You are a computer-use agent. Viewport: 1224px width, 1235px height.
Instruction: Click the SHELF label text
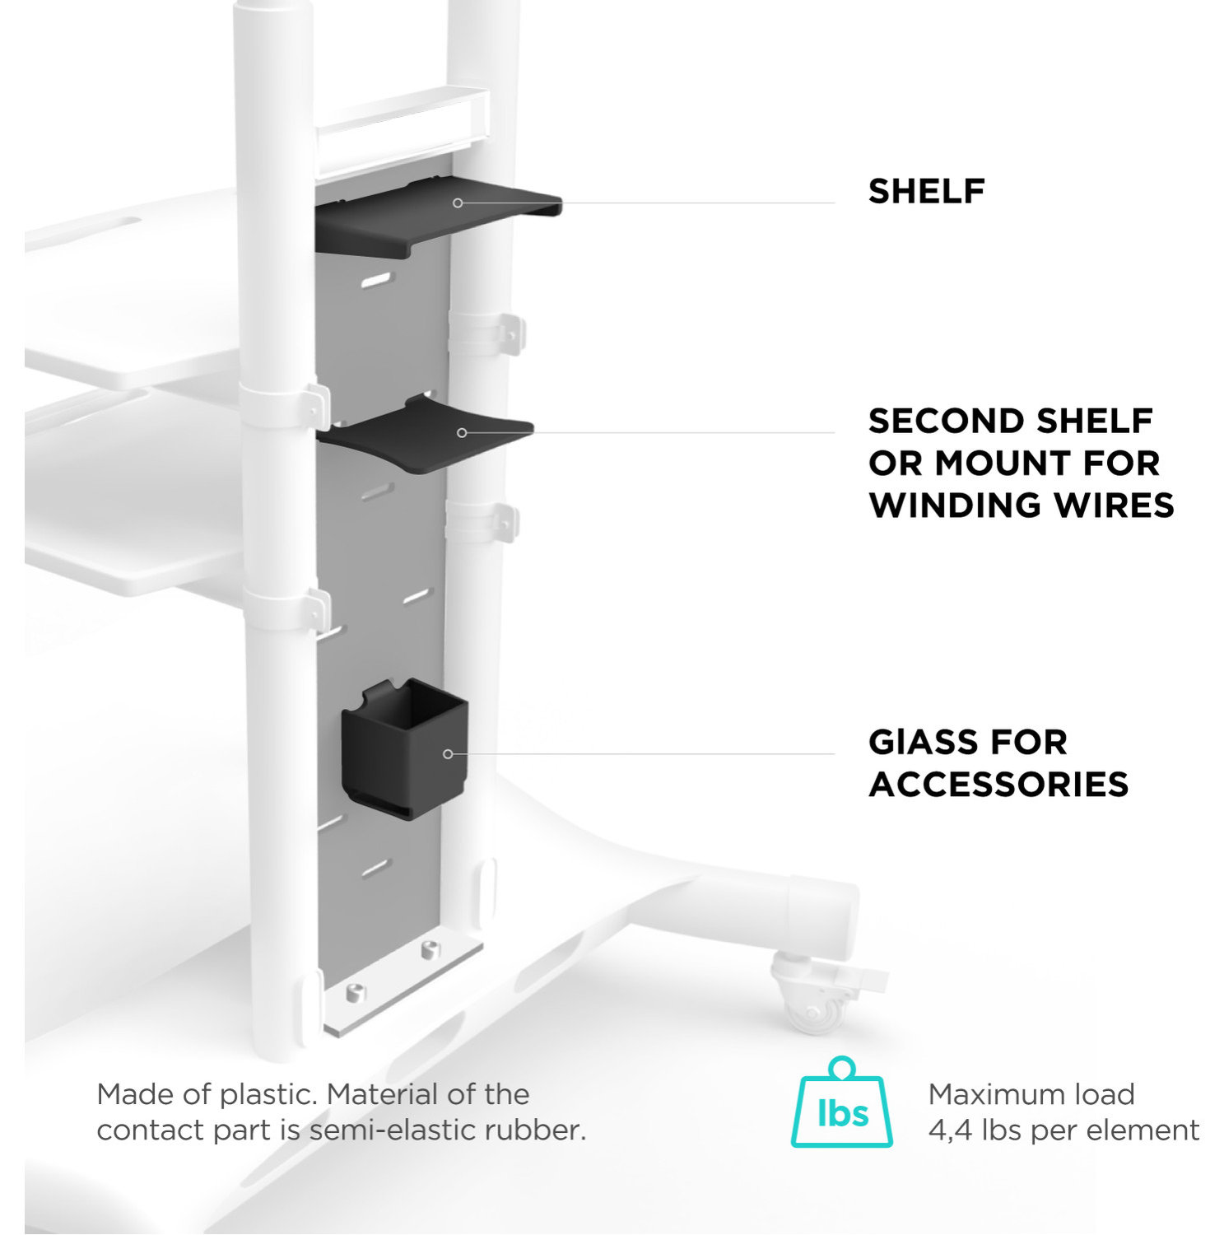(926, 191)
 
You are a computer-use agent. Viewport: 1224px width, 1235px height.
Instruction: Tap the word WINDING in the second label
(955, 506)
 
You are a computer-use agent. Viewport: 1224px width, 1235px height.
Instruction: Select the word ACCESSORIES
(998, 785)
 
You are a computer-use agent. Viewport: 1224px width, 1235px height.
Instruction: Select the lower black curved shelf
(428, 436)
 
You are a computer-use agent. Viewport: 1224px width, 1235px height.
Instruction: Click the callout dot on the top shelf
(458, 203)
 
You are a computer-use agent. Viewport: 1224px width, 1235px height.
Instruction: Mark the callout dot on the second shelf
(462, 432)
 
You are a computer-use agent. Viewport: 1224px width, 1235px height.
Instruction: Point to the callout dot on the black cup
(448, 753)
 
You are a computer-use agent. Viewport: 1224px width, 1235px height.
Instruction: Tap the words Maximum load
(1031, 1094)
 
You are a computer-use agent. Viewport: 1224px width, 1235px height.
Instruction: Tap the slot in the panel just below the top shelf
(375, 281)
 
